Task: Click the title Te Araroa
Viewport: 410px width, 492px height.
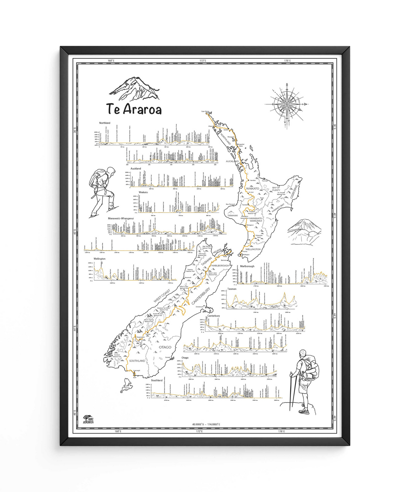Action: point(134,109)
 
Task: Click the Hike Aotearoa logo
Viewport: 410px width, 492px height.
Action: point(88,419)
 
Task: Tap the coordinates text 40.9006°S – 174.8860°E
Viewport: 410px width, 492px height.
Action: point(206,424)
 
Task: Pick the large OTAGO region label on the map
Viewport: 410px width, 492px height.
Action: point(165,347)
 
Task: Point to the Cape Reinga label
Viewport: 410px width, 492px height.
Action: point(205,111)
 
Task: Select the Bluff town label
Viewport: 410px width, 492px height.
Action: point(135,378)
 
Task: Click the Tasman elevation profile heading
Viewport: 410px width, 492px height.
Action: point(232,289)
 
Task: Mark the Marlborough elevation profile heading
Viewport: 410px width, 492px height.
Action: point(247,266)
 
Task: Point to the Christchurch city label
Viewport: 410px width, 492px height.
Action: point(200,307)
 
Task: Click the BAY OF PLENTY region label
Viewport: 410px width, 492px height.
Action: point(276,189)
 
